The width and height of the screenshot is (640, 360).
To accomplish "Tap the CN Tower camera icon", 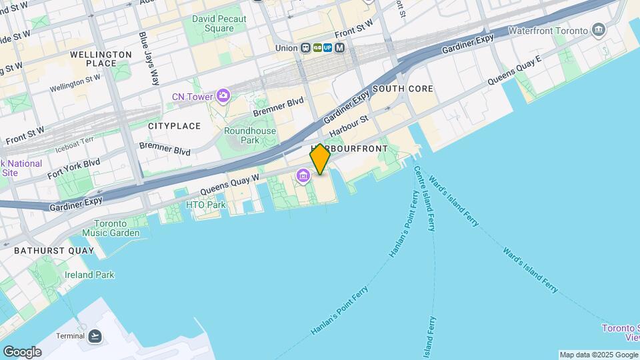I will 222,97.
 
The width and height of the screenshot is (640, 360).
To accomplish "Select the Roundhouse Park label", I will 241,136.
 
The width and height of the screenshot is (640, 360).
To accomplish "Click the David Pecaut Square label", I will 213,24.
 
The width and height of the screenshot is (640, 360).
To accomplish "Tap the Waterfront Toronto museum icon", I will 598,31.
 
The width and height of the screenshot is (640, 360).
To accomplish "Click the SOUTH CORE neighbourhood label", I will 403,89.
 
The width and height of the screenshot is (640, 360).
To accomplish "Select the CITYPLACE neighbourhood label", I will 174,126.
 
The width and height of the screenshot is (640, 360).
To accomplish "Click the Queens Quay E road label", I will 514,79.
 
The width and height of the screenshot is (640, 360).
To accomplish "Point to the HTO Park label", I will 206,205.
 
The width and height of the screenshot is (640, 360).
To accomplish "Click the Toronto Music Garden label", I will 111,228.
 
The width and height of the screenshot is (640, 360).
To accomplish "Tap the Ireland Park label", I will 89,275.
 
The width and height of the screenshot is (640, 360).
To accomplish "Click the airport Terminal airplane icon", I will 95,336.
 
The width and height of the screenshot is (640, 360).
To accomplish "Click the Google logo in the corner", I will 22,351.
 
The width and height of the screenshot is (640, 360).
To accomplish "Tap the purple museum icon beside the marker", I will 303,177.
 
